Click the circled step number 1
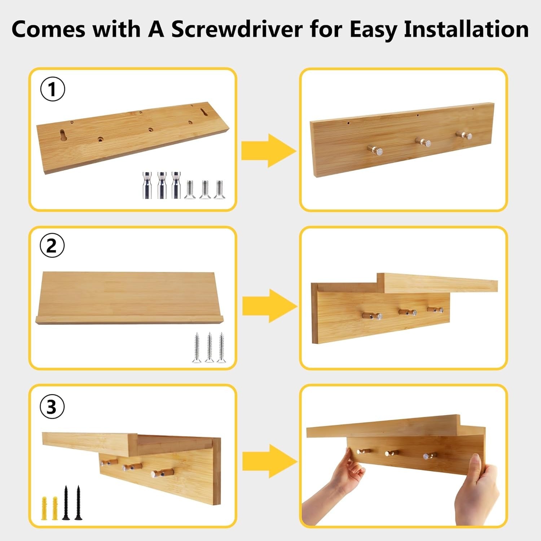click(x=52, y=89)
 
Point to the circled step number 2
click(x=52, y=246)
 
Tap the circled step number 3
click(x=52, y=406)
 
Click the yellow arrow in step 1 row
click(x=269, y=150)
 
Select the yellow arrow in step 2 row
click(x=270, y=306)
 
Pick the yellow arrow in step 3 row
click(x=270, y=462)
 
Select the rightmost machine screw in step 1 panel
click(x=219, y=189)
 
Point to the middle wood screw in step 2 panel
click(x=209, y=347)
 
